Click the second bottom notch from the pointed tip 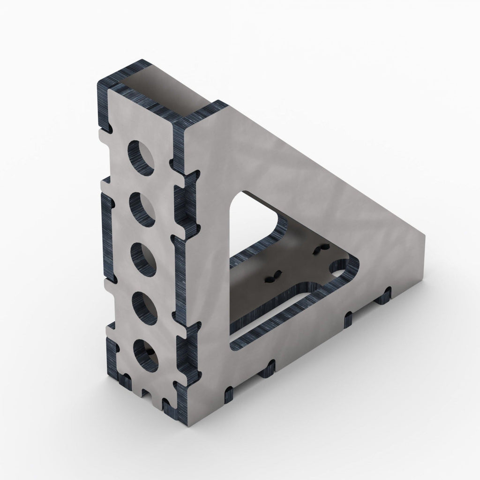(x=347, y=319)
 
